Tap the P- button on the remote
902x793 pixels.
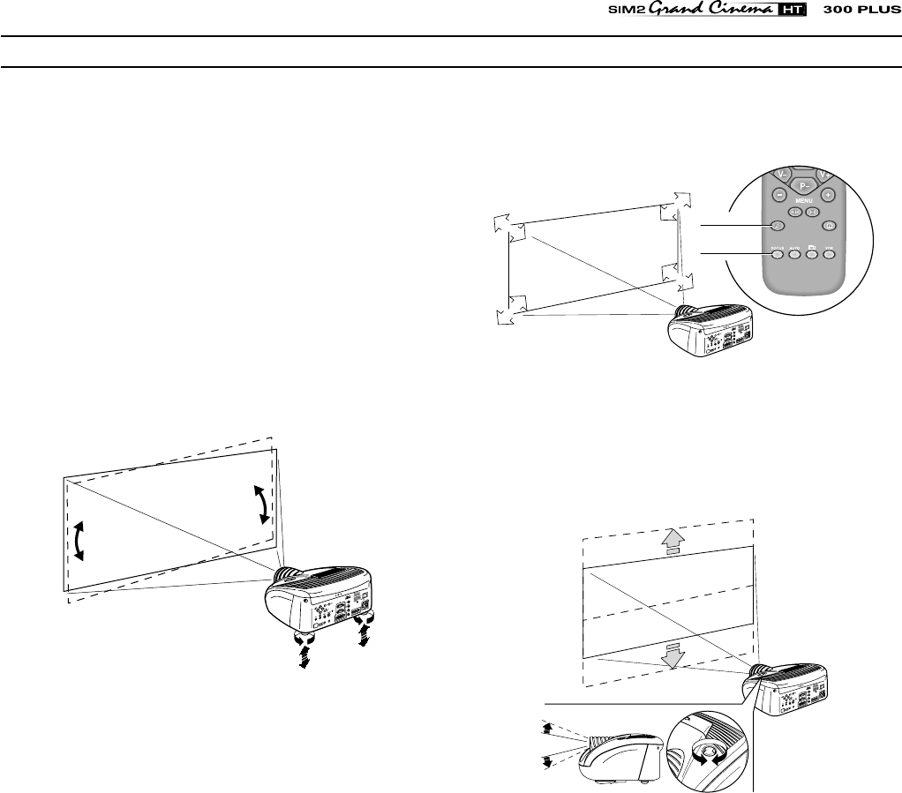click(804, 185)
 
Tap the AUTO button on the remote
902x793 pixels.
click(794, 255)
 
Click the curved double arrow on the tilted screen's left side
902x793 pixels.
click(79, 540)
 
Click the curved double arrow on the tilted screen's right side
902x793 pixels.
click(261, 504)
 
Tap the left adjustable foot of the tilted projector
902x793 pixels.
click(306, 642)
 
